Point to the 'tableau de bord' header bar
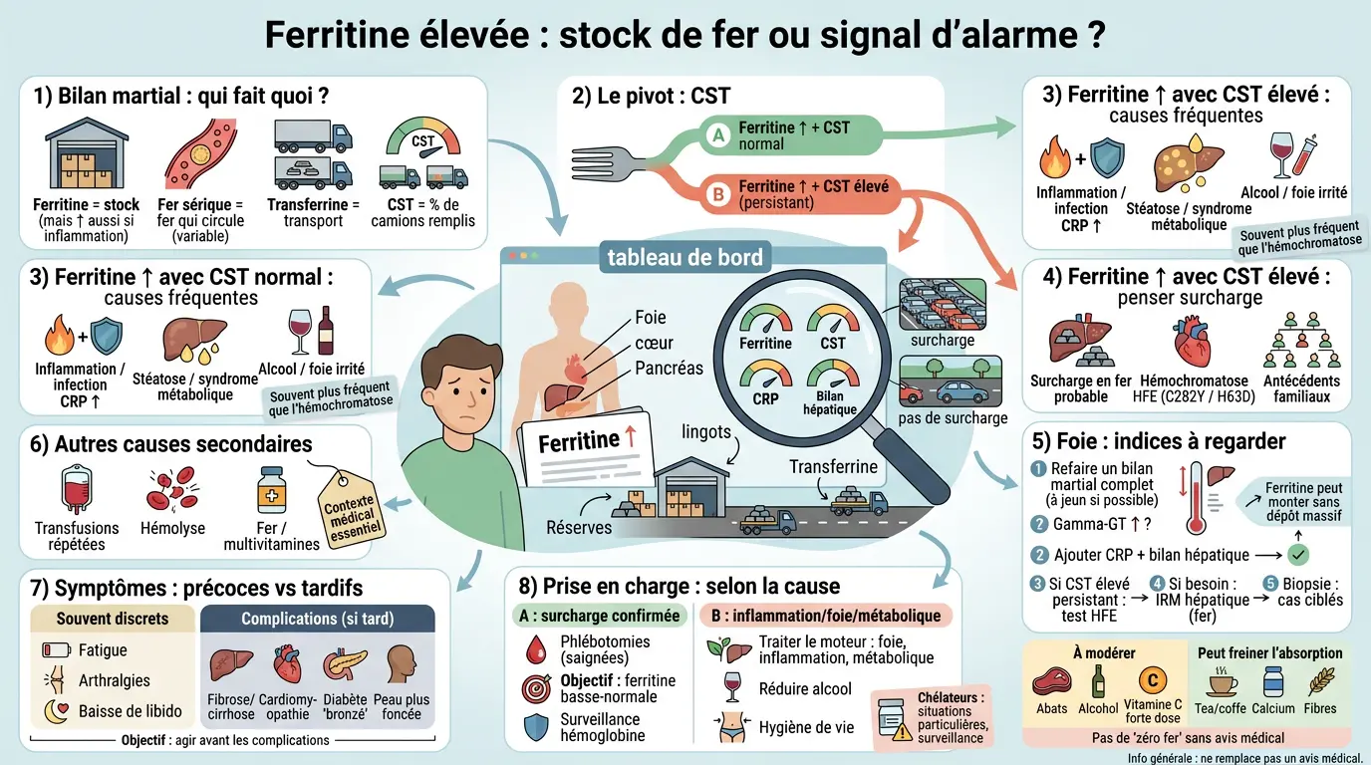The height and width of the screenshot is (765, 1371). pyautogui.click(x=685, y=258)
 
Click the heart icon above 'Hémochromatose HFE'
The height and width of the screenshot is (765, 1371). pyautogui.click(x=1194, y=342)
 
